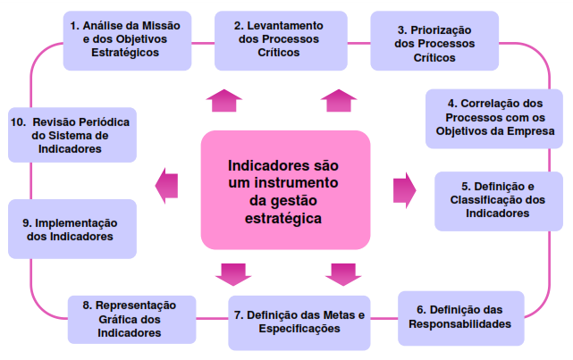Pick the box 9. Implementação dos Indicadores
(72, 229)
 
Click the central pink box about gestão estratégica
(285, 190)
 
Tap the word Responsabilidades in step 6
(459, 324)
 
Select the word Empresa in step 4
(534, 131)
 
